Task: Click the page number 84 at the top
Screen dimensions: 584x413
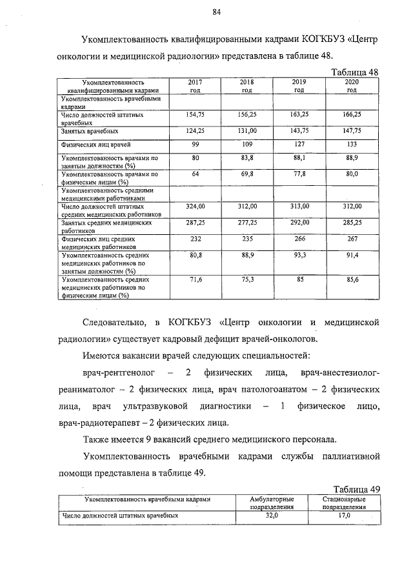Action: pyautogui.click(x=216, y=12)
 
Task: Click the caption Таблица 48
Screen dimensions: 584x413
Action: pyautogui.click(x=354, y=72)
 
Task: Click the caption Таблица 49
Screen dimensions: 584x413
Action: pyautogui.click(x=356, y=488)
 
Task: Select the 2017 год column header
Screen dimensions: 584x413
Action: pyautogui.click(x=195, y=86)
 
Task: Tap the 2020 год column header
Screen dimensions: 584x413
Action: pyautogui.click(x=352, y=86)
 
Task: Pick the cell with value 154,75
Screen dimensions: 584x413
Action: pyautogui.click(x=195, y=114)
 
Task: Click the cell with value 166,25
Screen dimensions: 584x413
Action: pyautogui.click(x=352, y=114)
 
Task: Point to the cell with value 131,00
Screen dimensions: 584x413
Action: pyautogui.click(x=247, y=130)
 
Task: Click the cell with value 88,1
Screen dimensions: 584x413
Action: pyautogui.click(x=299, y=157)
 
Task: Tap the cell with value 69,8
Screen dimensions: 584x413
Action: pyautogui.click(x=247, y=174)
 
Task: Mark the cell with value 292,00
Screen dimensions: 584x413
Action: pyautogui.click(x=299, y=222)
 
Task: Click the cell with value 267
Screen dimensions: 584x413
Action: pyautogui.click(x=352, y=238)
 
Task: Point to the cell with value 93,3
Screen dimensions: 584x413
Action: pyautogui.click(x=299, y=256)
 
